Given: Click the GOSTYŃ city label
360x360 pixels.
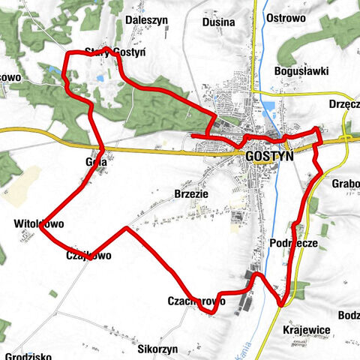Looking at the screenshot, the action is click(269, 157).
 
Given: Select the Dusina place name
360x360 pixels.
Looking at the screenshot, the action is click(219, 22).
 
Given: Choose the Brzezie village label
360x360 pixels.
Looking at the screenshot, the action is click(190, 193).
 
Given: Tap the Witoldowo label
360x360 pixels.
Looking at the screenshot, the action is click(39, 223).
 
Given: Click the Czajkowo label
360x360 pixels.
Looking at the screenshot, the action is click(88, 256).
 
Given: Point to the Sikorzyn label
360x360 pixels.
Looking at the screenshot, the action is click(158, 349).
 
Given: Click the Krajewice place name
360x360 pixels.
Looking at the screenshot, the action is click(307, 330).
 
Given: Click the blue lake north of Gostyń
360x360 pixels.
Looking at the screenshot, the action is click(265, 112).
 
